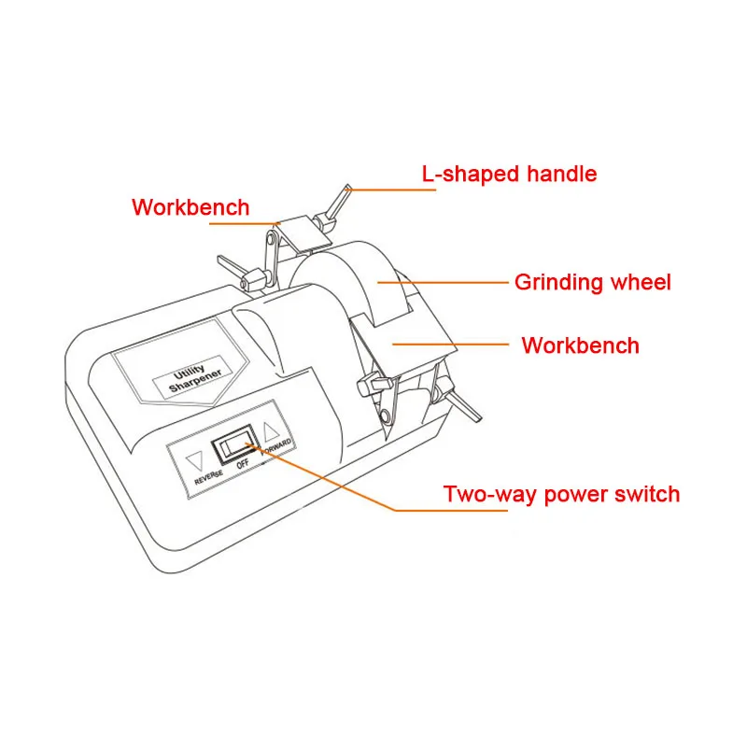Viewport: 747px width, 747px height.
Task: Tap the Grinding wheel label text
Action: (x=592, y=282)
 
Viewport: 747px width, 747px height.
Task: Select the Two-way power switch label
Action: (x=561, y=494)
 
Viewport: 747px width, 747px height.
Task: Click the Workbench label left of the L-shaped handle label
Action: (x=190, y=207)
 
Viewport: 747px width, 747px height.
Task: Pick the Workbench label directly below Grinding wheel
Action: (x=580, y=345)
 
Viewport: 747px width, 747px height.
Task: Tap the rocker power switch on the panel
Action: (x=234, y=446)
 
